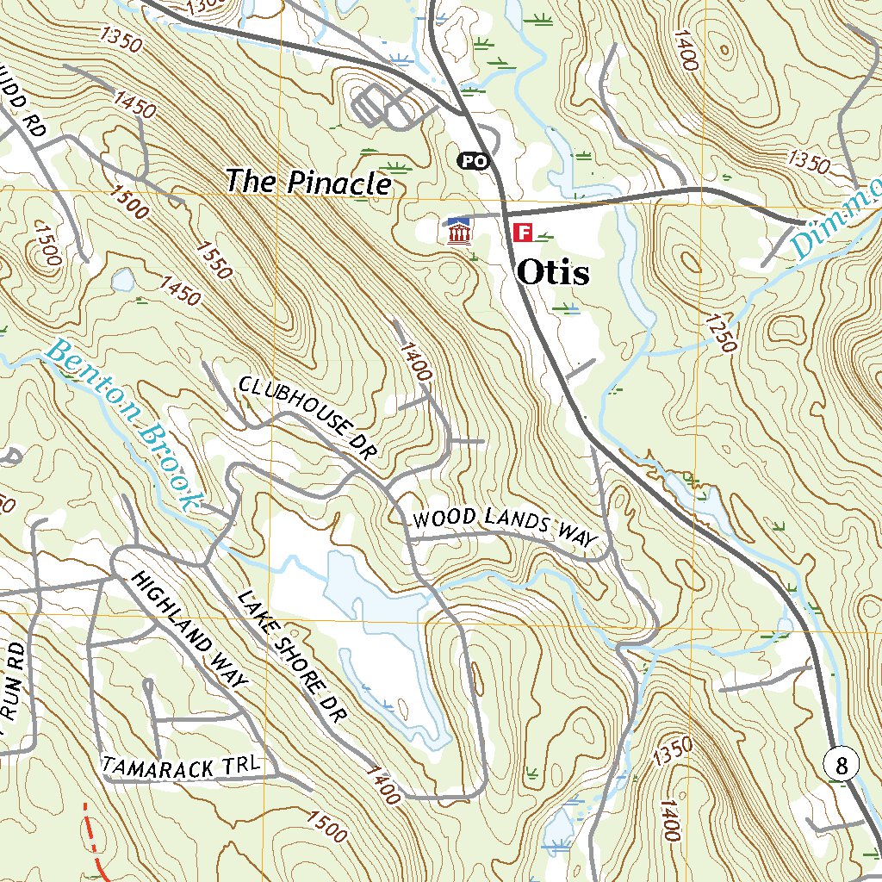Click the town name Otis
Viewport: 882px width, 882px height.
pos(553,274)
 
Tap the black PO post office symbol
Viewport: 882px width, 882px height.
pos(471,160)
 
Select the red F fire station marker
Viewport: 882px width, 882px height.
pos(522,232)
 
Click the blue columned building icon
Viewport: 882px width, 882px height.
pos(458,231)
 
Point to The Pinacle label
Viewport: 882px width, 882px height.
pos(308,183)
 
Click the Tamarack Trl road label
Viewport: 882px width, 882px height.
pos(181,765)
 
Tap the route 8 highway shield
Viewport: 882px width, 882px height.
pos(842,764)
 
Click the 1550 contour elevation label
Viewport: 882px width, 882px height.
pos(214,259)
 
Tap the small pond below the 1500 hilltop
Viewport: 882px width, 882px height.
pos(122,279)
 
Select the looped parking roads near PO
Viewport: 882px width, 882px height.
pos(379,106)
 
